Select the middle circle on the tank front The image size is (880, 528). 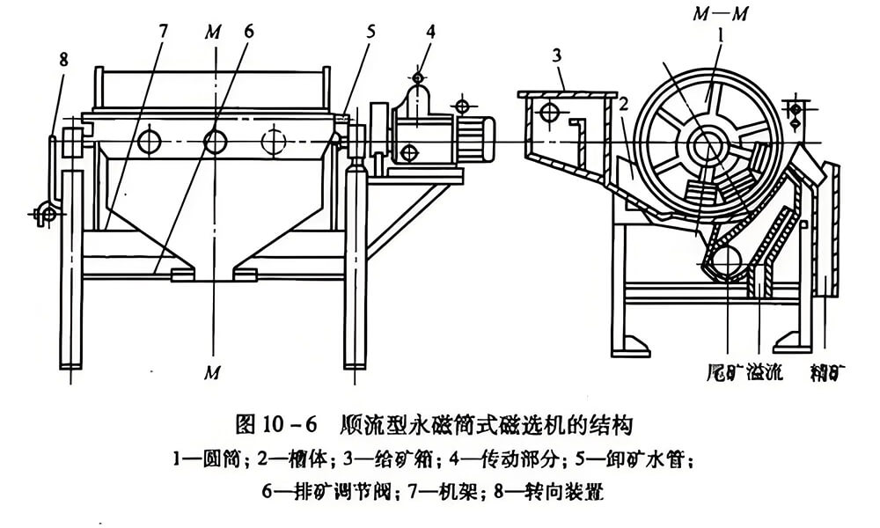click(214, 140)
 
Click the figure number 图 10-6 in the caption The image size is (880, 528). click(275, 424)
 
